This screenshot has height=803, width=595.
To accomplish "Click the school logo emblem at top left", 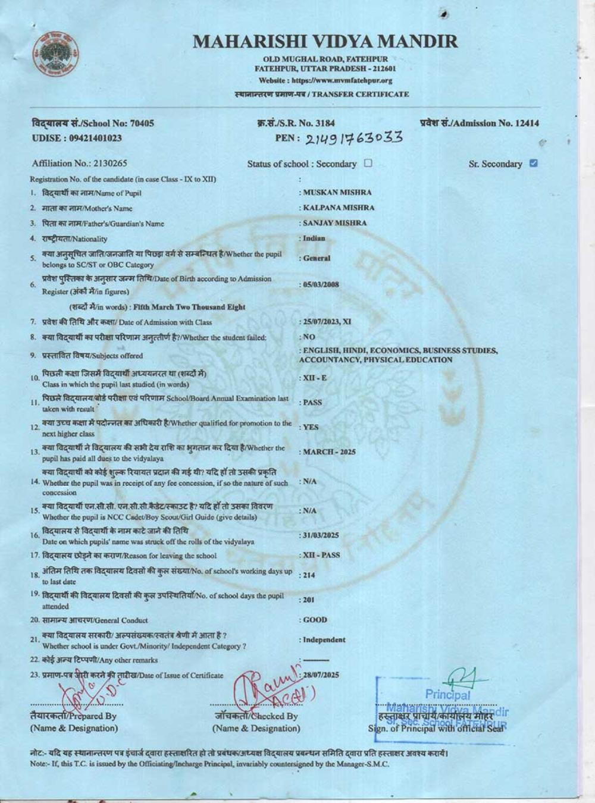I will click(57, 54).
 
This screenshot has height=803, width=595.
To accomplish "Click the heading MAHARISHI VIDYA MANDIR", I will click(325, 42).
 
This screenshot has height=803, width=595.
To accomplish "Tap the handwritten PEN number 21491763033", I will click(355, 139).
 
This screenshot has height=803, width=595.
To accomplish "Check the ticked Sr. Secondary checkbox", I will click(533, 163).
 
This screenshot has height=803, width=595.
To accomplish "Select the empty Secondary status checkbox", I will click(368, 163).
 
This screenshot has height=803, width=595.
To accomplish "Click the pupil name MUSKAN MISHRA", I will click(337, 193).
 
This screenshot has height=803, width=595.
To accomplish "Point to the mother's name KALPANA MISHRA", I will click(339, 208).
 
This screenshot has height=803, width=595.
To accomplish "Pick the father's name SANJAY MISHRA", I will click(335, 223).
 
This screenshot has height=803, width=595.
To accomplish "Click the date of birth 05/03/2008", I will click(321, 284).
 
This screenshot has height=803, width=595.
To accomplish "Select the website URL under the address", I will click(325, 80).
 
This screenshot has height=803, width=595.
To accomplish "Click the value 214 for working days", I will click(309, 575).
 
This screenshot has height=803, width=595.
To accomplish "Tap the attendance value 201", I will click(308, 600).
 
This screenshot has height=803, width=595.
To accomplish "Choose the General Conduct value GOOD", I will click(315, 620).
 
